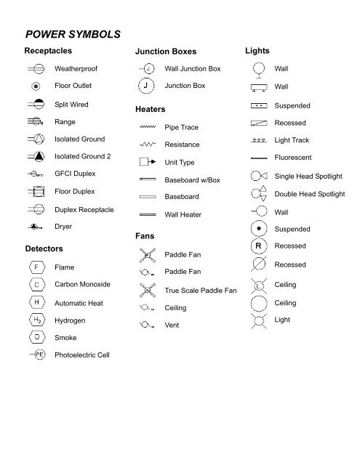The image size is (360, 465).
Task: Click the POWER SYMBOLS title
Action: coord(78,34)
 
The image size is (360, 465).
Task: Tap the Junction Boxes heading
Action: coord(165,53)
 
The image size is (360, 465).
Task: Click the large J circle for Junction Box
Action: coord(148,86)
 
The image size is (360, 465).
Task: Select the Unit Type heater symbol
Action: coord(148,161)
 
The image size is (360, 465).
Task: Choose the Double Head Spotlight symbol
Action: coord(258,193)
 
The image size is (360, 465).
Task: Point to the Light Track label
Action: coord(292,139)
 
